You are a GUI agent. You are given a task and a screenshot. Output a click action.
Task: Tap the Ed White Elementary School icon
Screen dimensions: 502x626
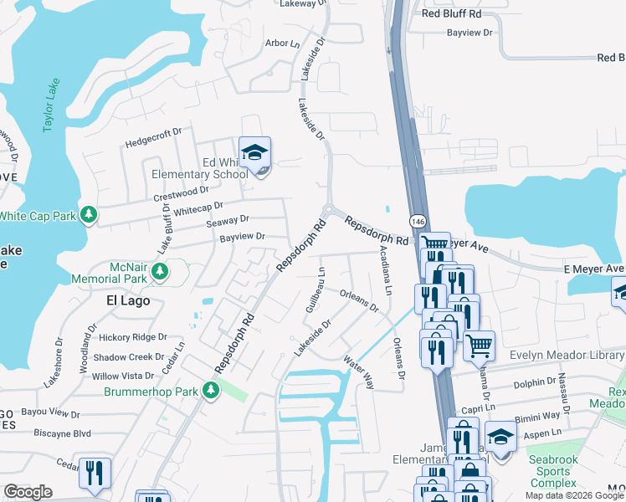pos(255,154)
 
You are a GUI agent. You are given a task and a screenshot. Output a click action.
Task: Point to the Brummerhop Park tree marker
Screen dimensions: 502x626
pos(211,390)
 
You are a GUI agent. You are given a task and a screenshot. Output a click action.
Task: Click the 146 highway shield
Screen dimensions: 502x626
pos(416,221)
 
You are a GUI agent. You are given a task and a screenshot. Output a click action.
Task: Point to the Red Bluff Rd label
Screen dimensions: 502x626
pos(452,14)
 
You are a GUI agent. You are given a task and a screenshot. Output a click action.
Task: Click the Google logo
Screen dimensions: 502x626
pos(28,492)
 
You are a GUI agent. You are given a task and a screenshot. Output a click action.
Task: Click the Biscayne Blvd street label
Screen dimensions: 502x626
pos(62,433)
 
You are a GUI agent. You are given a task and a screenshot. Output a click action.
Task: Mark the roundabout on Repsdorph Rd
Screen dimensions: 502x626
pos(330,210)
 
